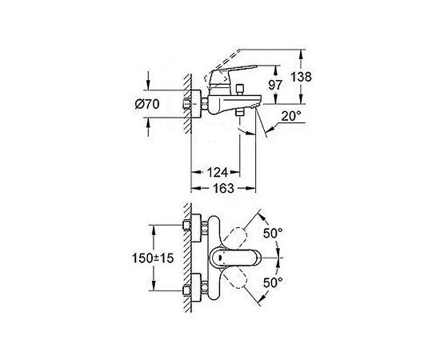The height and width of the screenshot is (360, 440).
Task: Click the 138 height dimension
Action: click(x=301, y=77)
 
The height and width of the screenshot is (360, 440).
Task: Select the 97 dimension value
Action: click(x=275, y=85)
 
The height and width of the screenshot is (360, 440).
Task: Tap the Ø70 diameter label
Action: click(x=147, y=104)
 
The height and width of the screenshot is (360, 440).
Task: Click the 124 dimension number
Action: click(x=218, y=172)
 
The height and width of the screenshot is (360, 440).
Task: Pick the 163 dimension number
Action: click(x=223, y=188)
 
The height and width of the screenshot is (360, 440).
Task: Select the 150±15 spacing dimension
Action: click(x=153, y=258)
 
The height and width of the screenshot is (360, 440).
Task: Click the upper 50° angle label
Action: click(x=273, y=233)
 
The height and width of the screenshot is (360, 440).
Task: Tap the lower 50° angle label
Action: click(x=273, y=282)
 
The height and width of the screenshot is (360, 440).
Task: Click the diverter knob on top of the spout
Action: click(x=240, y=90)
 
